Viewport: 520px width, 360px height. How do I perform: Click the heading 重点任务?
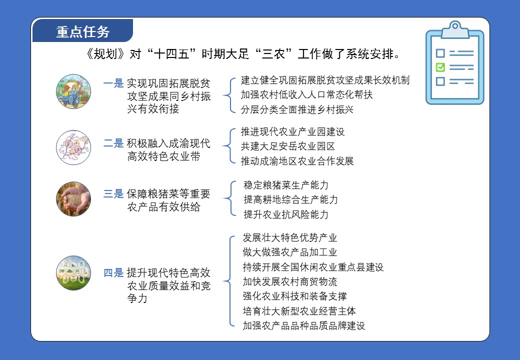click(x=82, y=32)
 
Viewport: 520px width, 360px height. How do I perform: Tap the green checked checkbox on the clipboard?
click(x=440, y=67)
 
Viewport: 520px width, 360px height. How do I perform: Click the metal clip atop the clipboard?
click(x=455, y=29)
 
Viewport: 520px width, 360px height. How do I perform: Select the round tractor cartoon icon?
click(x=73, y=91)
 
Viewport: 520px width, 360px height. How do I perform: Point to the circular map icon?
click(x=73, y=147)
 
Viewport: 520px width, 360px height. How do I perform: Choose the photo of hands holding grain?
click(x=73, y=199)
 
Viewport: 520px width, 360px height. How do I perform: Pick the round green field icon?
click(x=73, y=273)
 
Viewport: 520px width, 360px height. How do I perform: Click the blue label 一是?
click(x=113, y=83)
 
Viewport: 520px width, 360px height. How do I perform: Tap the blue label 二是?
click(x=113, y=143)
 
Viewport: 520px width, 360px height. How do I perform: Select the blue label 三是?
click(x=113, y=193)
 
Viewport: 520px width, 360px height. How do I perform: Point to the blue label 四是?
click(x=113, y=273)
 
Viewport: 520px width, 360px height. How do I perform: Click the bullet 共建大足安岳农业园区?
click(x=288, y=146)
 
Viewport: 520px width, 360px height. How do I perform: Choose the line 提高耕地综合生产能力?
click(x=291, y=199)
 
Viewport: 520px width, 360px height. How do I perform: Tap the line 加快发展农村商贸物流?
click(x=290, y=282)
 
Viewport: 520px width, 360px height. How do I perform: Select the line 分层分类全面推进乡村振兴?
click(x=297, y=109)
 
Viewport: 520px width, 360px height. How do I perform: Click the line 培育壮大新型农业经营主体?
click(x=299, y=311)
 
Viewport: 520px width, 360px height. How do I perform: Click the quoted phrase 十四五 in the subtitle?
click(x=171, y=53)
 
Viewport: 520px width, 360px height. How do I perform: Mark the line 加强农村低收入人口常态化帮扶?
click(x=307, y=95)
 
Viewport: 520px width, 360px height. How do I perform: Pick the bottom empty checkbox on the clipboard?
click(x=440, y=81)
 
